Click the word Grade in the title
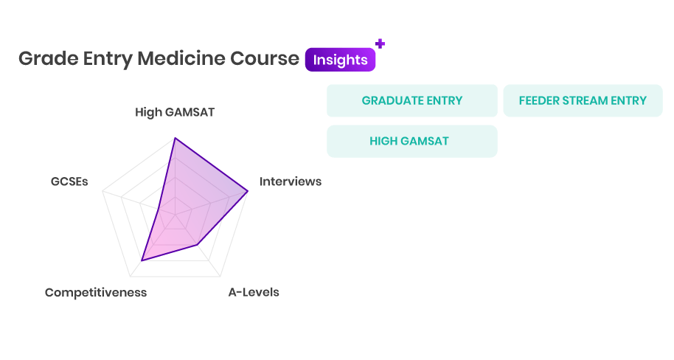[48, 59]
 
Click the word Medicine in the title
[181, 58]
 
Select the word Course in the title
[264, 58]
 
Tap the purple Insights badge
[341, 60]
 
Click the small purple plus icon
[380, 44]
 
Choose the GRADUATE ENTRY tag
[411, 100]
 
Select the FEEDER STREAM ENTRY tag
[583, 100]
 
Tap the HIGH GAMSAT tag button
[411, 141]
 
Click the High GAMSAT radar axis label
[175, 112]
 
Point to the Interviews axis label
[291, 181]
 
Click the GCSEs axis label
[69, 181]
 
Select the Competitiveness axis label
[96, 292]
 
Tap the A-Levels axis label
[254, 292]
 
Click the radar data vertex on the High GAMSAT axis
[175, 138]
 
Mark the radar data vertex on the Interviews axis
[248, 191]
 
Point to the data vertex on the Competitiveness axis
[142, 260]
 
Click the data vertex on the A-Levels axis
[198, 245]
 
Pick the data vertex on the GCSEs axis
[159, 209]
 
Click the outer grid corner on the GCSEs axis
[103, 191]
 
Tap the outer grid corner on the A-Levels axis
[220, 276]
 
